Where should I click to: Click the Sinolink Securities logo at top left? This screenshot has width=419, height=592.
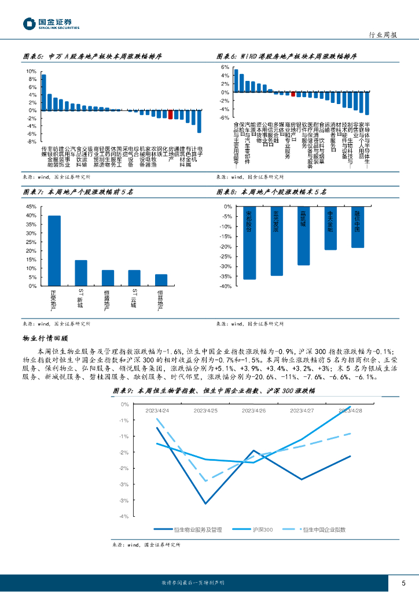pyautogui.click(x=51, y=24)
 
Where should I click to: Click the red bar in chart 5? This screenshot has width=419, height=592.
pyautogui.click(x=170, y=114)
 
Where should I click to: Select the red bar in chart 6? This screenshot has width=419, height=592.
pyautogui.click(x=293, y=94)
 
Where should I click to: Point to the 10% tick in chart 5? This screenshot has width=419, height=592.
pyautogui.click(x=32, y=72)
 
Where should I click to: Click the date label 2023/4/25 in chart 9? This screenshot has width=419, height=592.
pyautogui.click(x=205, y=410)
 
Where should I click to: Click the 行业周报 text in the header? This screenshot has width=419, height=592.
pyautogui.click(x=383, y=35)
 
